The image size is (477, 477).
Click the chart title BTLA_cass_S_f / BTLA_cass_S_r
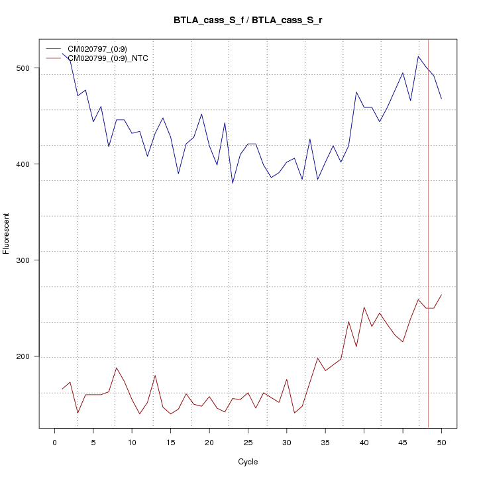click(x=248, y=20)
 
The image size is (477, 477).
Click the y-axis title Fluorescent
click(x=7, y=233)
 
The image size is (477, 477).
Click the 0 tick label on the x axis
click(x=54, y=443)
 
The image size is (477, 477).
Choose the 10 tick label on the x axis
click(x=132, y=443)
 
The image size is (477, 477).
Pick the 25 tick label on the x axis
click(x=248, y=443)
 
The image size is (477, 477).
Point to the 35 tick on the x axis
click(x=325, y=443)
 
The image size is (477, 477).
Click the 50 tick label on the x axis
click(x=441, y=443)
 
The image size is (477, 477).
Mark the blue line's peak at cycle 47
click(x=418, y=56)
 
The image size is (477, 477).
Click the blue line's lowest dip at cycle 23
click(x=233, y=183)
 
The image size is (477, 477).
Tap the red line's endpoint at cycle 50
click(x=441, y=295)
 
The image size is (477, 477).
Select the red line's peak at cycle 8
click(x=117, y=368)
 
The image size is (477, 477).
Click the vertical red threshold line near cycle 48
click(x=429, y=232)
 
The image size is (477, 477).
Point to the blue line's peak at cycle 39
click(x=356, y=92)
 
